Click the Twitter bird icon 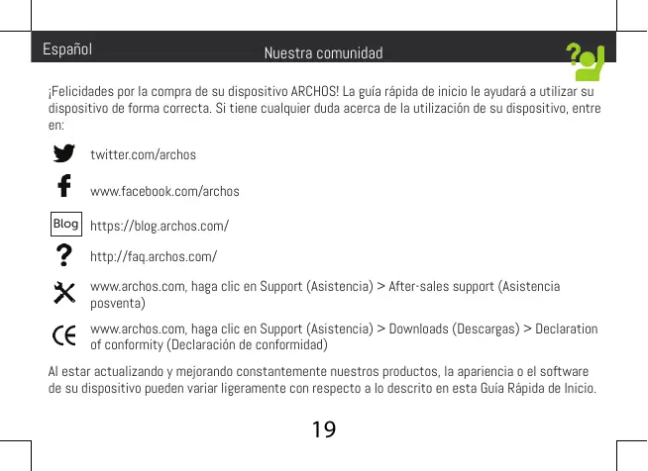[x=64, y=154]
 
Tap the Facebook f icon [x=64, y=187]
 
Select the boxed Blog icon [x=65, y=224]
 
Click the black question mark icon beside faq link [x=64, y=256]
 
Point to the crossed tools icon [x=64, y=292]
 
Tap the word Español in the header [x=67, y=48]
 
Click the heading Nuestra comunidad [x=323, y=52]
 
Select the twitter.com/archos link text [x=143, y=155]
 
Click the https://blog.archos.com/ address [x=160, y=227]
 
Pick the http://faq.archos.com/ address [x=153, y=259]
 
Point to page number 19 [x=323, y=430]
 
